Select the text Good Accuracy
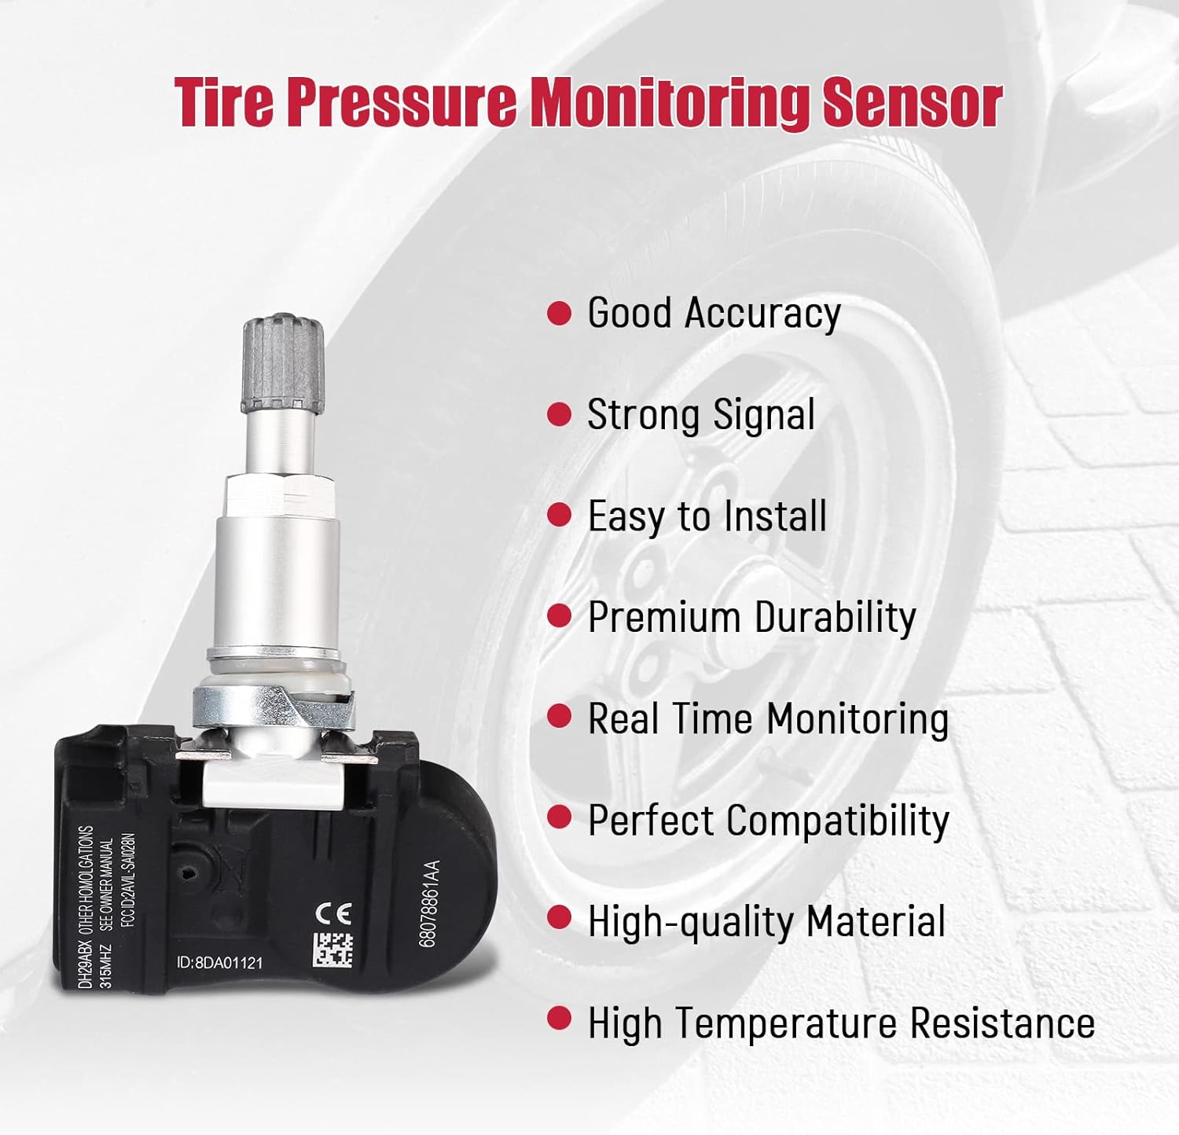point(714,313)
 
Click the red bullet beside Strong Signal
point(559,414)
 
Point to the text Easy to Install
point(707,516)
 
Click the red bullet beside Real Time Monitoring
point(559,717)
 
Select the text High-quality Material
point(766,921)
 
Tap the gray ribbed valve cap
point(283,364)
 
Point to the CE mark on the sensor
point(332,913)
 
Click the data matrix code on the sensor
point(333,950)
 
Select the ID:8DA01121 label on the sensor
point(219,963)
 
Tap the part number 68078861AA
point(429,904)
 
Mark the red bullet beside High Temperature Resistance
point(559,1019)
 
